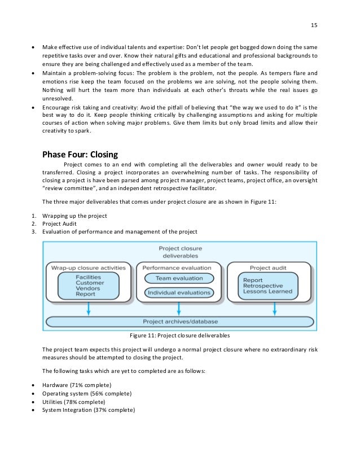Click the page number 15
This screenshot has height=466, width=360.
(314, 25)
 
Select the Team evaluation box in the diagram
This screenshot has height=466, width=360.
(178, 278)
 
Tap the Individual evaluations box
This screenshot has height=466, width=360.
(178, 292)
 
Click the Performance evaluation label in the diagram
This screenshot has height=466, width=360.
(178, 267)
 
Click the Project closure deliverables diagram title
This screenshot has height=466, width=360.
(180, 251)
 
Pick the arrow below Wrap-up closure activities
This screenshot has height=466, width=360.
(88, 307)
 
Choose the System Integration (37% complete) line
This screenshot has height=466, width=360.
(89, 410)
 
